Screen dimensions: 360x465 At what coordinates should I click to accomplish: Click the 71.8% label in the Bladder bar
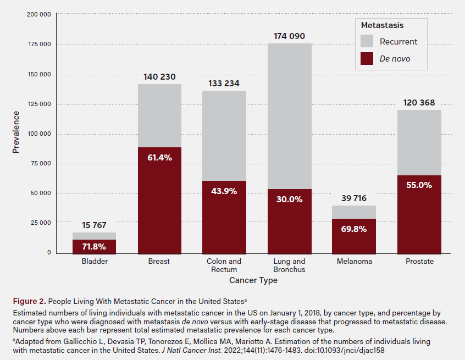pos(94,246)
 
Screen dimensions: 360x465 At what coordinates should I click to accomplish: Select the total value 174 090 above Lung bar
pos(289,36)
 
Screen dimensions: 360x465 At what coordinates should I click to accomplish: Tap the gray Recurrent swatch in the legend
pos(367,41)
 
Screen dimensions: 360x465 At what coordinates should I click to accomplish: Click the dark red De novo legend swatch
pos(367,59)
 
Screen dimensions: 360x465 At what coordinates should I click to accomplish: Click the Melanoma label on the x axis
pos(354,262)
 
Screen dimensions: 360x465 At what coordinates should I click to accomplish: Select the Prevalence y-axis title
pos(16,132)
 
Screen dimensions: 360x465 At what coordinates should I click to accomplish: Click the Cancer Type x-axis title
pos(253,280)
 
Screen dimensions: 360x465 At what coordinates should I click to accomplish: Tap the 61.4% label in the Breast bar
pos(159,158)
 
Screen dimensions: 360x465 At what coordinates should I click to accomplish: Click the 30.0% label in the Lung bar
pos(289,200)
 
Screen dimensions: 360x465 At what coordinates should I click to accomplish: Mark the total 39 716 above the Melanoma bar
pos(354,198)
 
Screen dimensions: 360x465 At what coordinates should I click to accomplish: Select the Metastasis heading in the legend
pos(382,25)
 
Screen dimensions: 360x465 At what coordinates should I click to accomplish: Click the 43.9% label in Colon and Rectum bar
pos(224,191)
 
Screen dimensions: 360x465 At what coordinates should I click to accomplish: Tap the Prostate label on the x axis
pos(419,262)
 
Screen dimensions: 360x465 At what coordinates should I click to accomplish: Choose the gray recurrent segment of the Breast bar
pos(159,115)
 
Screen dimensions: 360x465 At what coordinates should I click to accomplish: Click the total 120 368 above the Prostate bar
pos(419,103)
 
